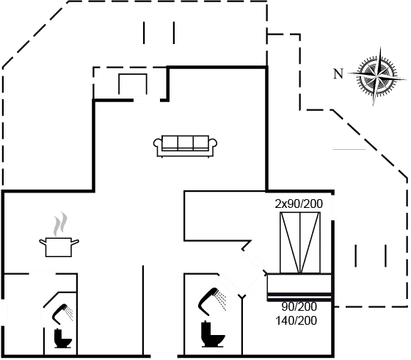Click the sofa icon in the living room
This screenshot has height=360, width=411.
(186, 145)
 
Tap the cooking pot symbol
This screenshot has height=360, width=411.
(59, 245)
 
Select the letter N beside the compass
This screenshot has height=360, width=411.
(338, 73)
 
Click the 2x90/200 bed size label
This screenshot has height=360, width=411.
(299, 204)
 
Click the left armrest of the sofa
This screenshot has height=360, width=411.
(158, 147)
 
